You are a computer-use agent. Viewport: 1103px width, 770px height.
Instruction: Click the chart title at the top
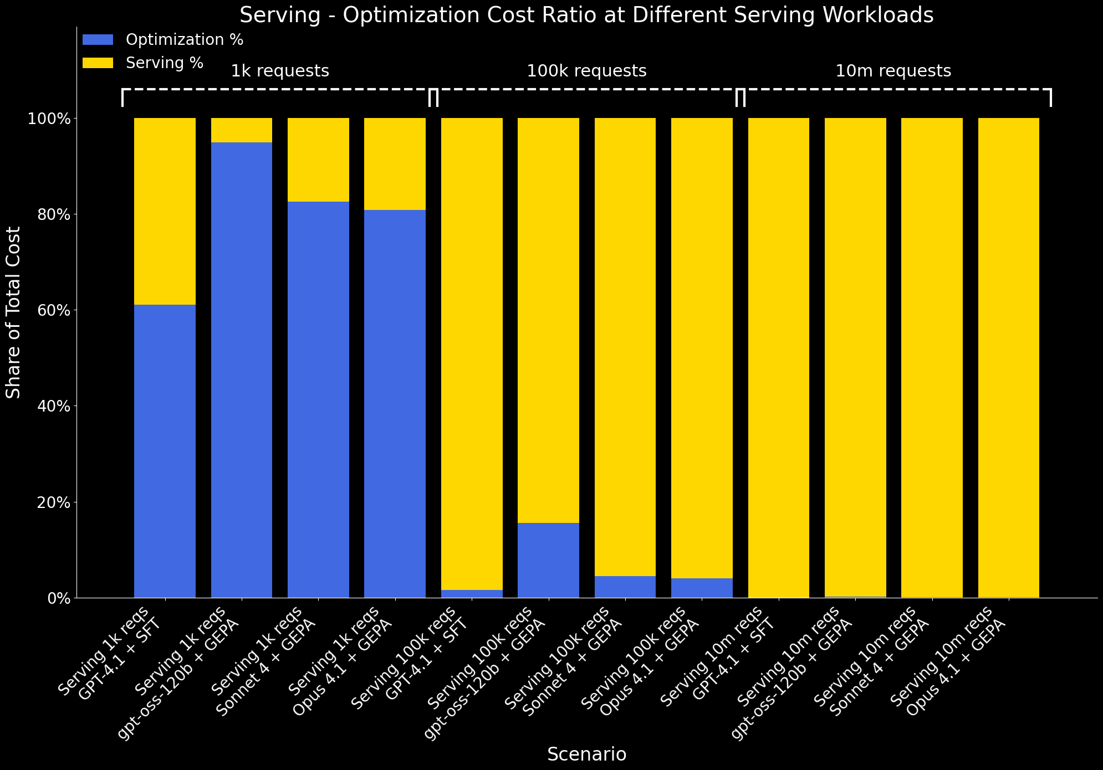tap(586, 15)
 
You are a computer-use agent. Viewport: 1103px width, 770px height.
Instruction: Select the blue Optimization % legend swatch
tap(98, 40)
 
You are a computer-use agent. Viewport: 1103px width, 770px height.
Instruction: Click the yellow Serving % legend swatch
tap(98, 63)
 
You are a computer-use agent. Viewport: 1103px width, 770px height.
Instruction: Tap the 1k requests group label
tap(280, 71)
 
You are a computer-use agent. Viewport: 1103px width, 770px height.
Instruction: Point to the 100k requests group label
tap(586, 71)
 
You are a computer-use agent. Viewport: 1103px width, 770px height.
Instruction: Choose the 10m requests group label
tap(893, 71)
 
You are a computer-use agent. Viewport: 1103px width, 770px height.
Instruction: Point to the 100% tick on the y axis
tap(50, 119)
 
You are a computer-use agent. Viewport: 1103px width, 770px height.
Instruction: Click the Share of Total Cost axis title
tap(13, 312)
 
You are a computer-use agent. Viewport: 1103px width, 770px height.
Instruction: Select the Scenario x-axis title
tap(586, 754)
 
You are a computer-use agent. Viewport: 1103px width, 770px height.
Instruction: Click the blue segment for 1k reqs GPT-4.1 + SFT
tap(165, 451)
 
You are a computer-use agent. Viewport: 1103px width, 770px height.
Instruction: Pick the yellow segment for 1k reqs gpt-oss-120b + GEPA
tap(242, 130)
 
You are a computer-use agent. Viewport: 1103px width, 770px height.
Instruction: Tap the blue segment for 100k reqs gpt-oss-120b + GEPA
tap(548, 560)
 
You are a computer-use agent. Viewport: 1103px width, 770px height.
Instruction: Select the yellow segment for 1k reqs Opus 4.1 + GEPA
tap(395, 164)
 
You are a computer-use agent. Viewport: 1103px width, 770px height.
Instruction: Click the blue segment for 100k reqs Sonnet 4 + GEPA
tap(625, 587)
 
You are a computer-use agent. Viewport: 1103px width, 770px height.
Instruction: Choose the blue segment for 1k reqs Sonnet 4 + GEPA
tap(318, 399)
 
